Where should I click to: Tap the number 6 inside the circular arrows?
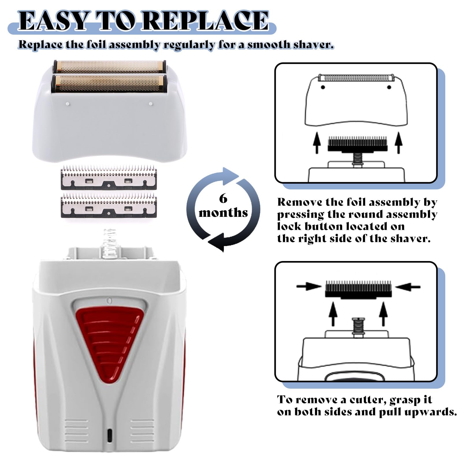click(x=223, y=199)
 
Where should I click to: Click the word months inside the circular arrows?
click(x=223, y=213)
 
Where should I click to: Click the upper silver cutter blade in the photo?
click(x=109, y=178)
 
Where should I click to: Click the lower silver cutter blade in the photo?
click(x=109, y=206)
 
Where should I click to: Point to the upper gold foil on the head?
click(x=109, y=67)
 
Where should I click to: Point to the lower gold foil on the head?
click(x=109, y=83)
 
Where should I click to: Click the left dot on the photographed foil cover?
click(x=67, y=104)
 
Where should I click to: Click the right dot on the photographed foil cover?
click(x=150, y=104)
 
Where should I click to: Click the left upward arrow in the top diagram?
click(x=317, y=143)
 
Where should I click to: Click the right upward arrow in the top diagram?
click(x=399, y=143)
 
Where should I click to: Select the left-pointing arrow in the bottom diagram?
click(x=408, y=286)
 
